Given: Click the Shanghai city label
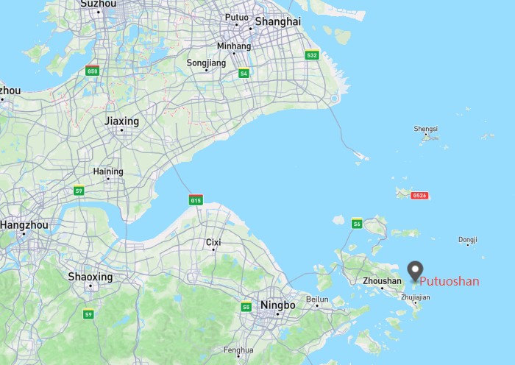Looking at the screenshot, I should click(x=277, y=22).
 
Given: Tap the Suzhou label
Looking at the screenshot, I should click(x=98, y=4).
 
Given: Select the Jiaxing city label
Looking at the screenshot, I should click(x=122, y=121).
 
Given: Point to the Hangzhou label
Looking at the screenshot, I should click(x=24, y=224).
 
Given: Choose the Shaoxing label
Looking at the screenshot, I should click(x=90, y=277).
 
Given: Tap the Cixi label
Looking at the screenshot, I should click(x=213, y=242).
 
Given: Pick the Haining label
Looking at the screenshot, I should click(x=108, y=171).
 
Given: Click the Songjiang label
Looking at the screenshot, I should click(x=206, y=63).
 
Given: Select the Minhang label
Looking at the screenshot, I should click(x=234, y=46).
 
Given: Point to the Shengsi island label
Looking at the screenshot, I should click(x=426, y=129).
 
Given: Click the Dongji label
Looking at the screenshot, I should click(x=468, y=240).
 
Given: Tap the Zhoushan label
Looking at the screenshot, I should click(x=383, y=281).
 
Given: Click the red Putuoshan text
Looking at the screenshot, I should click(x=450, y=281).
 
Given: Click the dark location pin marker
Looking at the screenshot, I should click(x=416, y=270).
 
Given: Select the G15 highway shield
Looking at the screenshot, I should click(x=196, y=200).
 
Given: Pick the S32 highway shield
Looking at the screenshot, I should click(x=312, y=55).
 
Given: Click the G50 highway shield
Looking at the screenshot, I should click(x=93, y=71).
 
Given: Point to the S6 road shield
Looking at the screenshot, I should click(x=357, y=224).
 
